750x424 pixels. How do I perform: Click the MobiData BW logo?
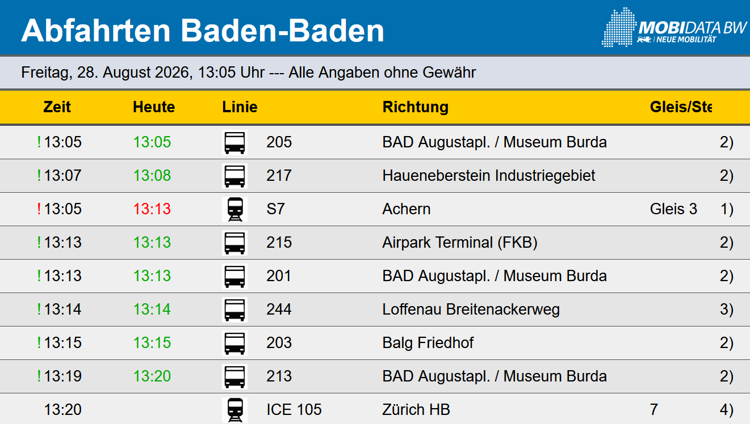click(x=674, y=27)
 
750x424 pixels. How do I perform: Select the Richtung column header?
click(x=415, y=107)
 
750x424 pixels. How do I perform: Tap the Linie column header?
click(x=240, y=107)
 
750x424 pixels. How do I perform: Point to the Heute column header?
click(x=154, y=107)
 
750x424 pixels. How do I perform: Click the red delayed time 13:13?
click(x=152, y=209)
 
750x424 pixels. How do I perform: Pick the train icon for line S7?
click(x=234, y=209)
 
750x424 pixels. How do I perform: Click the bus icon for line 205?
click(x=234, y=142)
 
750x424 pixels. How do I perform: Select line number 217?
click(x=279, y=176)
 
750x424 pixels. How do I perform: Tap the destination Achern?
click(x=406, y=209)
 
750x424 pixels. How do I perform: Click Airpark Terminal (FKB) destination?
click(x=460, y=243)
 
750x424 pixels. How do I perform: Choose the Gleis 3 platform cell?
click(x=673, y=209)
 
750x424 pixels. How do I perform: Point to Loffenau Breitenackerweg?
click(x=471, y=309)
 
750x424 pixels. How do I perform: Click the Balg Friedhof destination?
click(x=428, y=343)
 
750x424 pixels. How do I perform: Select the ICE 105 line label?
click(x=294, y=410)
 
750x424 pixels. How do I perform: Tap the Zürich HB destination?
click(x=416, y=410)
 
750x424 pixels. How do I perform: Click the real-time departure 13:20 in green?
click(x=152, y=376)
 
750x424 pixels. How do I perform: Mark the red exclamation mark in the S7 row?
click(x=39, y=209)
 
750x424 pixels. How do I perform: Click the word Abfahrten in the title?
click(x=96, y=31)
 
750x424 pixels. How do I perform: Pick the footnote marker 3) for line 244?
click(x=727, y=309)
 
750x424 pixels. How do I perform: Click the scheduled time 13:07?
click(x=62, y=176)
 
